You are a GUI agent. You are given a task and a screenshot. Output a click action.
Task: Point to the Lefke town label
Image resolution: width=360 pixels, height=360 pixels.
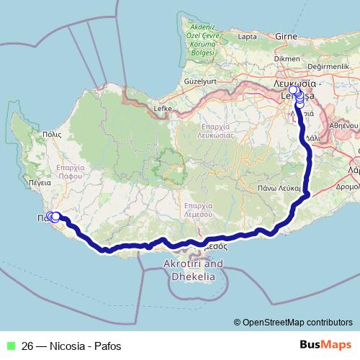[x=163, y=109]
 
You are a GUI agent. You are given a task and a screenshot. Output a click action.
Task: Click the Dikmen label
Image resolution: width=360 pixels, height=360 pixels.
[x=286, y=58]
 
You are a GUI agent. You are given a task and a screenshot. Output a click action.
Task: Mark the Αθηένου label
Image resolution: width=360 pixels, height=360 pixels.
[x=343, y=125]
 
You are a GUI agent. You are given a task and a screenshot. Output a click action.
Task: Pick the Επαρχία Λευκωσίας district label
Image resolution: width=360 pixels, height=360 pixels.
[x=215, y=129]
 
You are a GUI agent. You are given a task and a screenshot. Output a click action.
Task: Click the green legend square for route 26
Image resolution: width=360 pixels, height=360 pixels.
[x=10, y=346]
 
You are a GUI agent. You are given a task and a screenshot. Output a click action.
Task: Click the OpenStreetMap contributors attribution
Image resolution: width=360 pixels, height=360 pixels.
[x=293, y=323]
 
